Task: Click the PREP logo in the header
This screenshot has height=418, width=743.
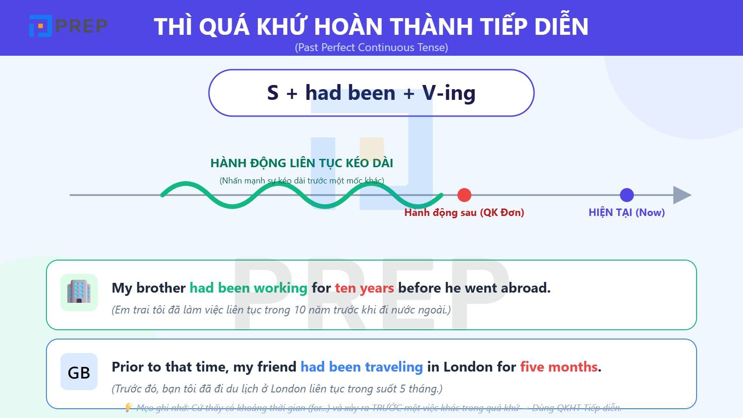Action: [x=68, y=26]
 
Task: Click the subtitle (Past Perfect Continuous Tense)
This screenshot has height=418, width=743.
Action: [x=371, y=47]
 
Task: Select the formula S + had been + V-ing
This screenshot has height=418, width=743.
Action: [x=371, y=93]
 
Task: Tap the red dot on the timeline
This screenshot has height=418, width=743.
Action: [x=464, y=195]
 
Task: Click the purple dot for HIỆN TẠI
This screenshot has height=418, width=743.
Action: [x=626, y=195]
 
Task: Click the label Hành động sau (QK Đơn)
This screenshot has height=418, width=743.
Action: [x=464, y=213]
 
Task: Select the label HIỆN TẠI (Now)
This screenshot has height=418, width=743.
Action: [x=626, y=213]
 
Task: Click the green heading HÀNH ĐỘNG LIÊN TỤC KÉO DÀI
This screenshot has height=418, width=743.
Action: [x=301, y=163]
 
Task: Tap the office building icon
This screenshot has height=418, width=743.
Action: [x=79, y=292]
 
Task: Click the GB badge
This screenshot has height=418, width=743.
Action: [x=79, y=372]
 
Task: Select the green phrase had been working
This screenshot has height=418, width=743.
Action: [x=248, y=288]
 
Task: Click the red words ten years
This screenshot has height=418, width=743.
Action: [x=364, y=288]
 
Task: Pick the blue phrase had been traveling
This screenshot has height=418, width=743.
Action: [x=361, y=367]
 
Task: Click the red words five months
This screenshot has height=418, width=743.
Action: [x=559, y=367]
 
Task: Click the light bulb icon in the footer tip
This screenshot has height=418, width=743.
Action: [x=128, y=408]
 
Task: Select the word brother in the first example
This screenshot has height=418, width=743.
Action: [x=161, y=288]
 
